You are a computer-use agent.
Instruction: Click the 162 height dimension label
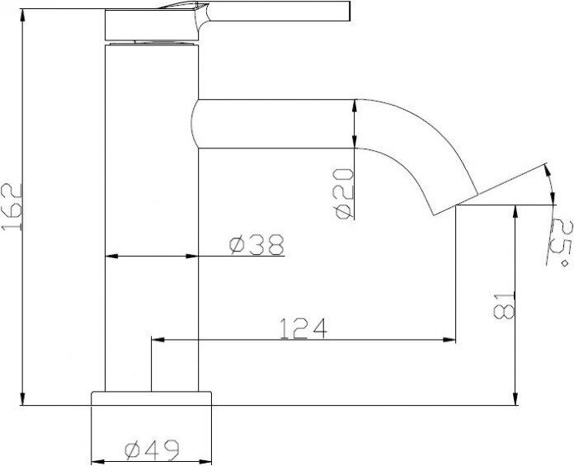coord(12,207)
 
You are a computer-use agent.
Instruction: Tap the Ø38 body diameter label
coord(256,245)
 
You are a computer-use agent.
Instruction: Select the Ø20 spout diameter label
coord(344,194)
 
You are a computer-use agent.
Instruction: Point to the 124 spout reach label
coord(303,328)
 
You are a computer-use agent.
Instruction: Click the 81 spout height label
coord(504,306)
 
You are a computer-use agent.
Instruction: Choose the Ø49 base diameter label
coord(152,450)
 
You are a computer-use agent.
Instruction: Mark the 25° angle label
coord(560,242)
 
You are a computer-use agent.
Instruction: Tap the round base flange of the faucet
coord(151,398)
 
